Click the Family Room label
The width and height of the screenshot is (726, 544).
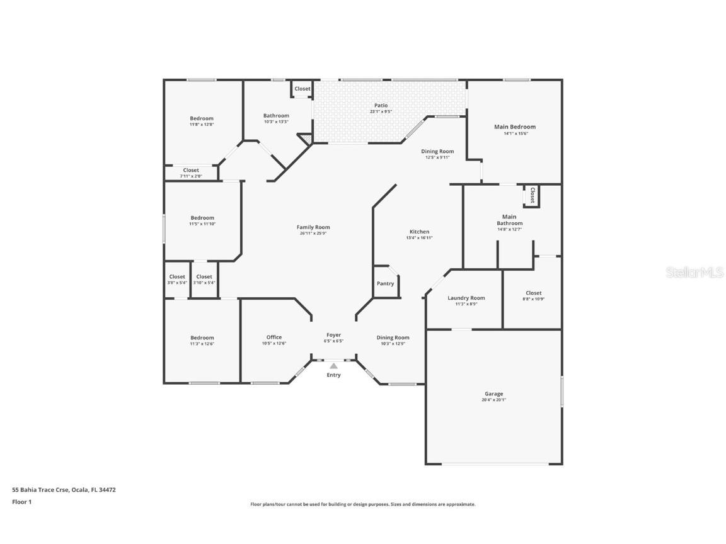tap(313, 227)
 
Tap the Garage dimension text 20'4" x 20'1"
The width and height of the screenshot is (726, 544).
tap(493, 400)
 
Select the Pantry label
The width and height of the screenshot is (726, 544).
tap(385, 283)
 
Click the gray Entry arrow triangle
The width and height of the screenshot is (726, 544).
tap(333, 366)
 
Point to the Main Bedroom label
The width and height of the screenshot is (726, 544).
tap(515, 127)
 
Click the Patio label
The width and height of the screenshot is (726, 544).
tap(381, 106)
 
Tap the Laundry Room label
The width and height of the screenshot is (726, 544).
tap(466, 298)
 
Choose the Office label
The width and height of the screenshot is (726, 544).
tap(274, 337)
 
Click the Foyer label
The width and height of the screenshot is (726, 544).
tap(333, 335)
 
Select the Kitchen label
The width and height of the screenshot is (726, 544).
tap(420, 232)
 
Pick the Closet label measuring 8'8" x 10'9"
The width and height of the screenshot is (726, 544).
tap(533, 293)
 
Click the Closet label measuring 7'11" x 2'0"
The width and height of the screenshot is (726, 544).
tap(191, 170)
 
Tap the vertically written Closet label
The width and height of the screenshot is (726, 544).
tap(533, 195)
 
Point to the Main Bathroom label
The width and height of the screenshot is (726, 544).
tap(509, 220)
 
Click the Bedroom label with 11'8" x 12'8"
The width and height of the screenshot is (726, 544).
tap(202, 118)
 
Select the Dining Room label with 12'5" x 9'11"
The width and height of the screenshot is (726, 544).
tap(437, 151)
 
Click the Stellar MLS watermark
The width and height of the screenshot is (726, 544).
tap(694, 273)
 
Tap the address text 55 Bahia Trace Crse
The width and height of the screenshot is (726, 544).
tap(41, 490)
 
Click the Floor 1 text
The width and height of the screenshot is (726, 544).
tap(22, 502)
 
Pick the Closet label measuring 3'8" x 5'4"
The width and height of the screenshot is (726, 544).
tap(177, 276)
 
